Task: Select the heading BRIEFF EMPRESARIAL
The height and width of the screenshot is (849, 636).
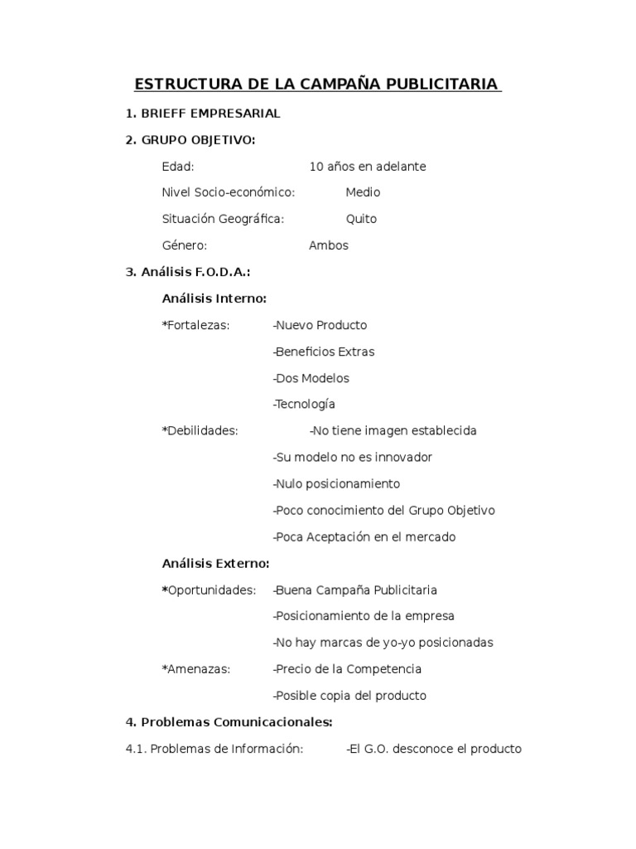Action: coord(210,114)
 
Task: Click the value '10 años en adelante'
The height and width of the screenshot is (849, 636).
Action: coord(368,167)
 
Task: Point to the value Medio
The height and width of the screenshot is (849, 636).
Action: coord(363,192)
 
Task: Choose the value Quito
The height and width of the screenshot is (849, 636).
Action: coord(361,219)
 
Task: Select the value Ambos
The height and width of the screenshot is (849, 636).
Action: coord(329,245)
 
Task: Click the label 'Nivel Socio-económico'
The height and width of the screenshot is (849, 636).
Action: coord(229,192)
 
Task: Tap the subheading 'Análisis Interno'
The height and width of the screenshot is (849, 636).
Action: coord(214,298)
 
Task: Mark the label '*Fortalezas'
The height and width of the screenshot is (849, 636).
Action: coord(196,325)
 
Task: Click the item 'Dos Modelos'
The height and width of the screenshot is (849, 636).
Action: coord(312,378)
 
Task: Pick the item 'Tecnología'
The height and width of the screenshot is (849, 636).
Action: coord(305,405)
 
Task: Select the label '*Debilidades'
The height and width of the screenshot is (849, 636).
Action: coord(200,431)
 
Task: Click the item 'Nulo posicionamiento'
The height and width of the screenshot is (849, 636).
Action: coord(337,484)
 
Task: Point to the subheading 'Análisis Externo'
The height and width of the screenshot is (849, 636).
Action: coord(215,564)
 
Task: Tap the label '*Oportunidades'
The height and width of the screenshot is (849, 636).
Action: coord(209,590)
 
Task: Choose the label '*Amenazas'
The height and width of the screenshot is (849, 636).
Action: coord(196,669)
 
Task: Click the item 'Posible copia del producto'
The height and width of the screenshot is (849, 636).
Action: coord(350,696)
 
